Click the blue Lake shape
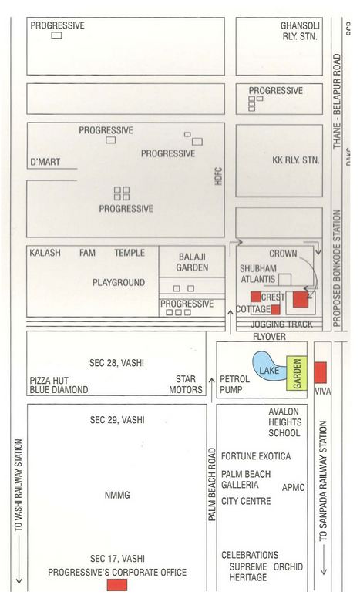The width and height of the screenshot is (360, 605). (267, 365)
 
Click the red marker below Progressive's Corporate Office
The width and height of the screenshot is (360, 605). (116, 585)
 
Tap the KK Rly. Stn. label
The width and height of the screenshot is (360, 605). (296, 161)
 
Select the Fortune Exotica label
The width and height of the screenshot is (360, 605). (256, 456)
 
